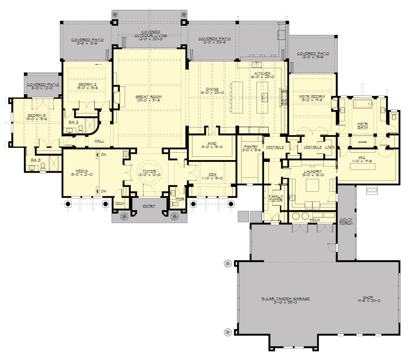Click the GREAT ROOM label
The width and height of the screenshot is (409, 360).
[x=149, y=96]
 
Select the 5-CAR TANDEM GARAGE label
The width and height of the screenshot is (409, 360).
[x=286, y=298]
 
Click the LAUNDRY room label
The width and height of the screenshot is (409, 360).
[x=312, y=171]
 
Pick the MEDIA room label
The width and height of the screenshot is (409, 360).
[x=82, y=171]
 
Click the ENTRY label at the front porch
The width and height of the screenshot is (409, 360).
[x=149, y=206]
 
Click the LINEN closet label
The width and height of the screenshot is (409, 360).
[x=330, y=147]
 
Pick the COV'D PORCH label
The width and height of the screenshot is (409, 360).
[x=346, y=221]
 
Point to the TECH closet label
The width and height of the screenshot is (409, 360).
[x=119, y=203]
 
